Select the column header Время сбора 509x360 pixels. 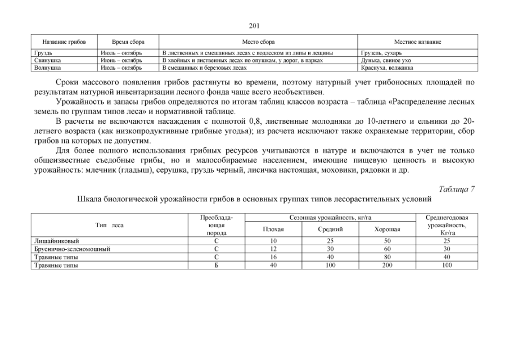[128, 42]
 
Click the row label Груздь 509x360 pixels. [43, 53]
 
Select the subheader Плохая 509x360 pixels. [273, 229]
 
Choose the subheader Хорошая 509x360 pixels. [387, 229]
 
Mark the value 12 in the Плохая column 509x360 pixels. [273, 249]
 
